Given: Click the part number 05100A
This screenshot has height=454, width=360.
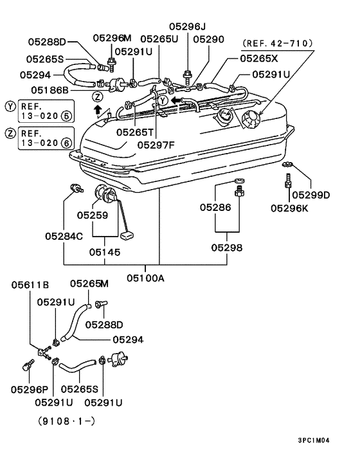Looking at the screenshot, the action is click(x=145, y=278).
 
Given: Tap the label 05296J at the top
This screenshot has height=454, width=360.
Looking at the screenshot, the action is click(x=187, y=26).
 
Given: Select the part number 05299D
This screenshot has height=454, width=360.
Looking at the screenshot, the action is click(x=310, y=195).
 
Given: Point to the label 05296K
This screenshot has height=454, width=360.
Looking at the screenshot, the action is click(x=289, y=208).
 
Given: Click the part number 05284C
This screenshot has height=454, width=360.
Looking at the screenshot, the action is click(x=64, y=236).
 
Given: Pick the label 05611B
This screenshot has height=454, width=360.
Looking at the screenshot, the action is click(x=30, y=285).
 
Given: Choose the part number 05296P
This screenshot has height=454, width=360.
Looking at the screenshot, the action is click(x=30, y=390).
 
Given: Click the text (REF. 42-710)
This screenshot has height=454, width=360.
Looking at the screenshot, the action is click(x=278, y=44).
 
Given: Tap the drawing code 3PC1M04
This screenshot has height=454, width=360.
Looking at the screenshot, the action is click(x=314, y=440).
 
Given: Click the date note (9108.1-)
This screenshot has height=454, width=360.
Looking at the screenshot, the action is click(x=66, y=421).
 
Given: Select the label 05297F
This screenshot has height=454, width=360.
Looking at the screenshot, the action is click(x=156, y=145).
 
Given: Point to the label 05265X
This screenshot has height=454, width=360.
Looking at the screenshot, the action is click(x=259, y=59).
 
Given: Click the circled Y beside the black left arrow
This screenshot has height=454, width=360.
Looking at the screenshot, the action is click(x=163, y=101).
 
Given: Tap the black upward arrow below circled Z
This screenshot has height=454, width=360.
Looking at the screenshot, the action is click(x=98, y=110).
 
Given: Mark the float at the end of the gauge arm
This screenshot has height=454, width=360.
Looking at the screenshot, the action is click(x=127, y=235).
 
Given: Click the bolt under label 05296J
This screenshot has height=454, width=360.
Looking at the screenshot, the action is click(x=188, y=77).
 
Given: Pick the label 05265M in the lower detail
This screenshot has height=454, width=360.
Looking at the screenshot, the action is click(x=89, y=284).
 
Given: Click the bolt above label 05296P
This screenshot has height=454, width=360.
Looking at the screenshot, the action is click(x=28, y=365).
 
